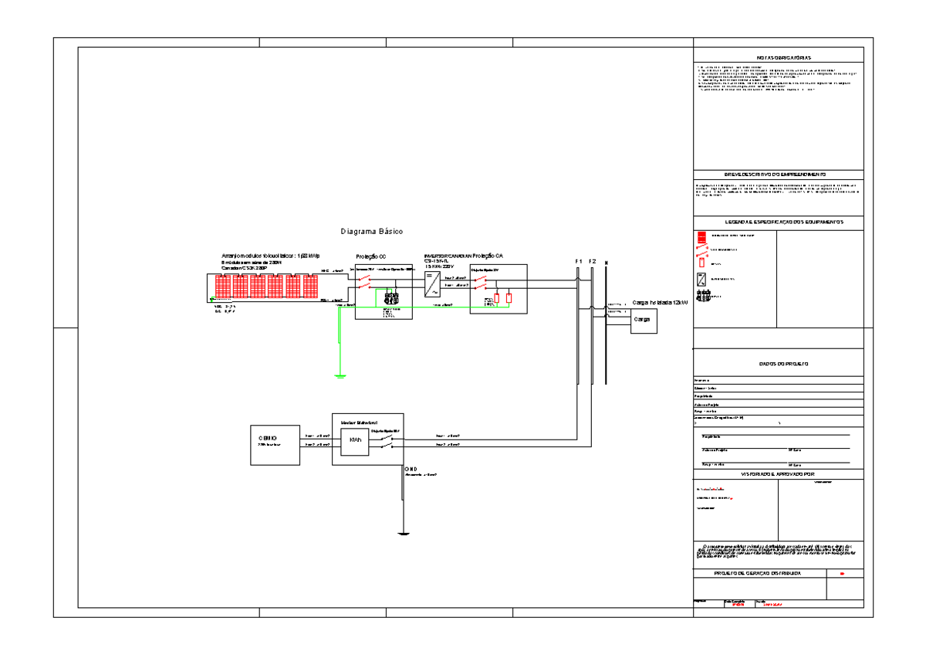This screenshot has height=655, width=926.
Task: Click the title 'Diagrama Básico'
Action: pyautogui.click(x=372, y=232)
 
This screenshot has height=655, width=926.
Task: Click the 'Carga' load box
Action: pyautogui.click(x=643, y=320)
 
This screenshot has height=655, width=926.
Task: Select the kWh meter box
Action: pyautogui.click(x=355, y=439)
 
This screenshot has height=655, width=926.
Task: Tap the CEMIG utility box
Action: pyautogui.click(x=275, y=444)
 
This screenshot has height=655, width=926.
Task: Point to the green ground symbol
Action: pyautogui.click(x=340, y=375)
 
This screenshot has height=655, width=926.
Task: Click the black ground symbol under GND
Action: pyautogui.click(x=403, y=533)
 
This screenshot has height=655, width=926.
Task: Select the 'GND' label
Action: pyautogui.click(x=411, y=469)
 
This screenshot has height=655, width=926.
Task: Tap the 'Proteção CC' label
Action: pyautogui.click(x=370, y=256)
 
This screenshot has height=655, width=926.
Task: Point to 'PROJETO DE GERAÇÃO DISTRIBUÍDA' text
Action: pyautogui.click(x=757, y=574)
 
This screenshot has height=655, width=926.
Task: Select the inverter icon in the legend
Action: pyautogui.click(x=701, y=280)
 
